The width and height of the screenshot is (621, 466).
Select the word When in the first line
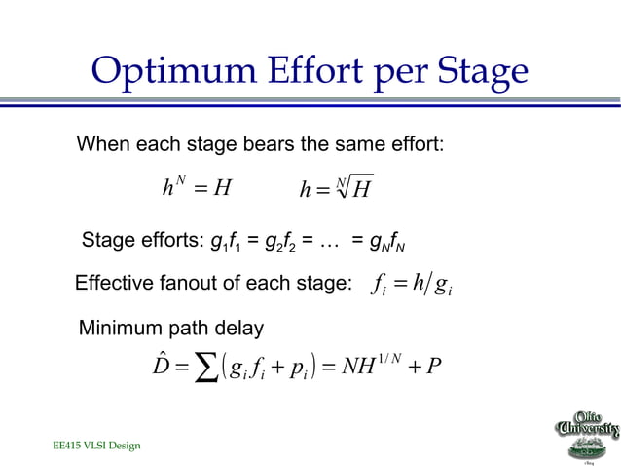pos(104,146)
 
